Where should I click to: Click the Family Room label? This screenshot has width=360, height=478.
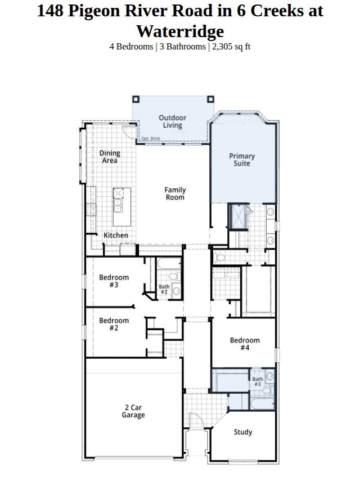(x=175, y=193)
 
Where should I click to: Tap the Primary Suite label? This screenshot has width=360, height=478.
(x=242, y=160)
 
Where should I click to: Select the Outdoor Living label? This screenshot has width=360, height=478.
(x=172, y=121)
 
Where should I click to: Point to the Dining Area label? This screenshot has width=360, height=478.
(x=110, y=157)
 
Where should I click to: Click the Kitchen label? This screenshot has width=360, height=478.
(x=116, y=235)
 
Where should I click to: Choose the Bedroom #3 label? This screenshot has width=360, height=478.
(x=114, y=281)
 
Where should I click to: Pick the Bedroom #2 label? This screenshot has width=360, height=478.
(x=114, y=324)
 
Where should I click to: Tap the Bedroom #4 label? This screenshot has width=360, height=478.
(x=245, y=344)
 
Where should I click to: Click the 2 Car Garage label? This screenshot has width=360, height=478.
(x=133, y=411)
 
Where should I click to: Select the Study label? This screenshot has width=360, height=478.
(x=243, y=432)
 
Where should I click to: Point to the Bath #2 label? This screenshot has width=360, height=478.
(x=164, y=289)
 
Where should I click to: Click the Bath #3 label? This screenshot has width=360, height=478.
(x=258, y=381)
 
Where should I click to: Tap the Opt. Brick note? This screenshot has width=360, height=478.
(x=151, y=138)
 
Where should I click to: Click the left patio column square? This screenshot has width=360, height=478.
(x=136, y=100)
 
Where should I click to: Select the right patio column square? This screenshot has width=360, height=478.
(x=210, y=100)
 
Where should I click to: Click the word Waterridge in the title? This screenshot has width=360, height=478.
(x=180, y=31)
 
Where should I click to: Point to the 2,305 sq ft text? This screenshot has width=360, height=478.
(x=231, y=47)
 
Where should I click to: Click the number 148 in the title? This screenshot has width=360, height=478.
(x=50, y=11)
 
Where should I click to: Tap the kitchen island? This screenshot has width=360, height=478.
(x=122, y=207)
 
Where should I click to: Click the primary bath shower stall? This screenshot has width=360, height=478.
(x=238, y=216)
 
